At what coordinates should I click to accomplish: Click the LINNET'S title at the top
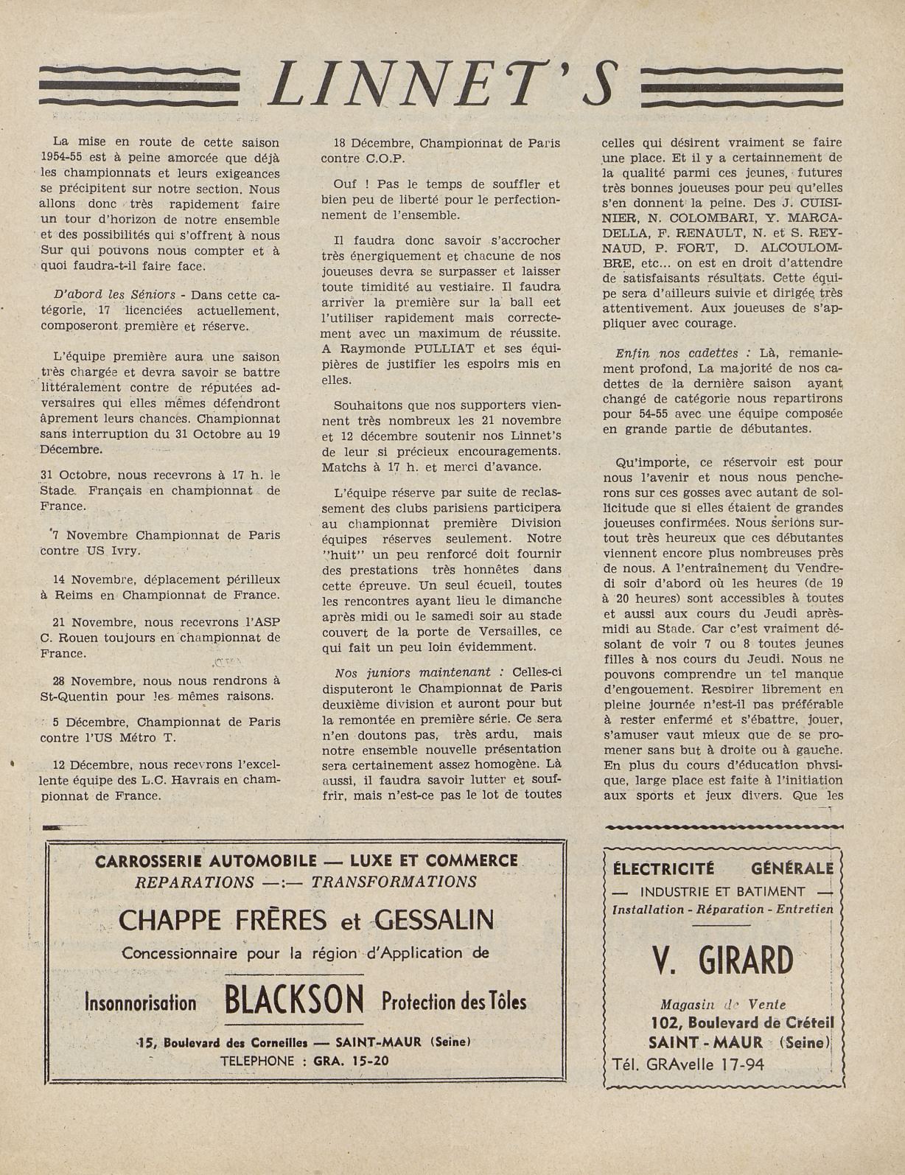[x=440, y=83]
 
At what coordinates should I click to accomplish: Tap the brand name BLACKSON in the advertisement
[x=294, y=1001]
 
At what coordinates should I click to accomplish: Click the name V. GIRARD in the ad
[x=722, y=960]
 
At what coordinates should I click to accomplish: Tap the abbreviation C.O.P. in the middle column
[x=383, y=158]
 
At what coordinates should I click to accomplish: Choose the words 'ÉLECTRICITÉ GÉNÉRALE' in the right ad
[x=722, y=868]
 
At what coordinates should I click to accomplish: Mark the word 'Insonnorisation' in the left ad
[x=141, y=1003]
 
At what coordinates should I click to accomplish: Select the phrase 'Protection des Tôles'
[x=454, y=1002]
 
